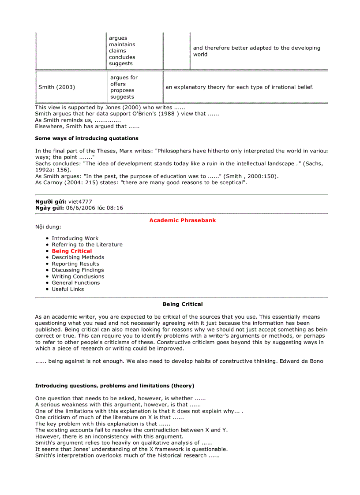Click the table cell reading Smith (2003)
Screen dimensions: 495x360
click(56, 87)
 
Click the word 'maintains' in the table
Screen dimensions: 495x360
click(122, 45)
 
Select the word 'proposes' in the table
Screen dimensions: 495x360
click(122, 90)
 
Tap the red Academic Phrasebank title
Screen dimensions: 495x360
click(182, 220)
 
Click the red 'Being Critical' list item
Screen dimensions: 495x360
click(72, 251)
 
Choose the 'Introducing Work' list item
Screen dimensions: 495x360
click(75, 238)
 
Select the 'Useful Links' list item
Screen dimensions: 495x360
click(67, 289)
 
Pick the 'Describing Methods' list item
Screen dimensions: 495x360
click(78, 257)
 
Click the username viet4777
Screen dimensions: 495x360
click(80, 201)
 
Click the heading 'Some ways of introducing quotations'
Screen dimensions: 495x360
click(86, 138)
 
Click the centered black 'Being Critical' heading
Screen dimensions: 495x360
click(182, 304)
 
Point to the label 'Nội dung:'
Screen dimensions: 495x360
click(48, 227)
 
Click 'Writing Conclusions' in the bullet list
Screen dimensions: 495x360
click(78, 277)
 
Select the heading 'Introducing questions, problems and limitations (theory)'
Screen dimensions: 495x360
click(115, 386)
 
